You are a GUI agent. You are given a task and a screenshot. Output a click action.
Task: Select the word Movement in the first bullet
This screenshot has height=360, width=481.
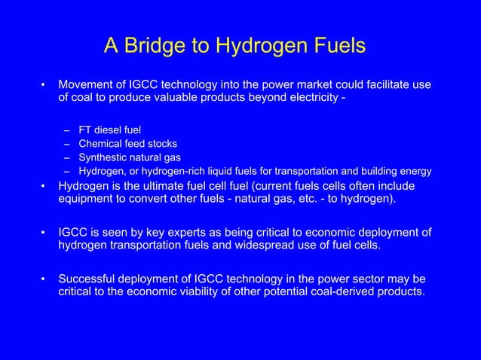85,84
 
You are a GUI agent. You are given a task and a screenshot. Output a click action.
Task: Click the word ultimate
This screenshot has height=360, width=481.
164,185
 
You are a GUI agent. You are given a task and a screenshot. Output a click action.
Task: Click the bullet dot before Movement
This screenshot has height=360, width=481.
44,84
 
